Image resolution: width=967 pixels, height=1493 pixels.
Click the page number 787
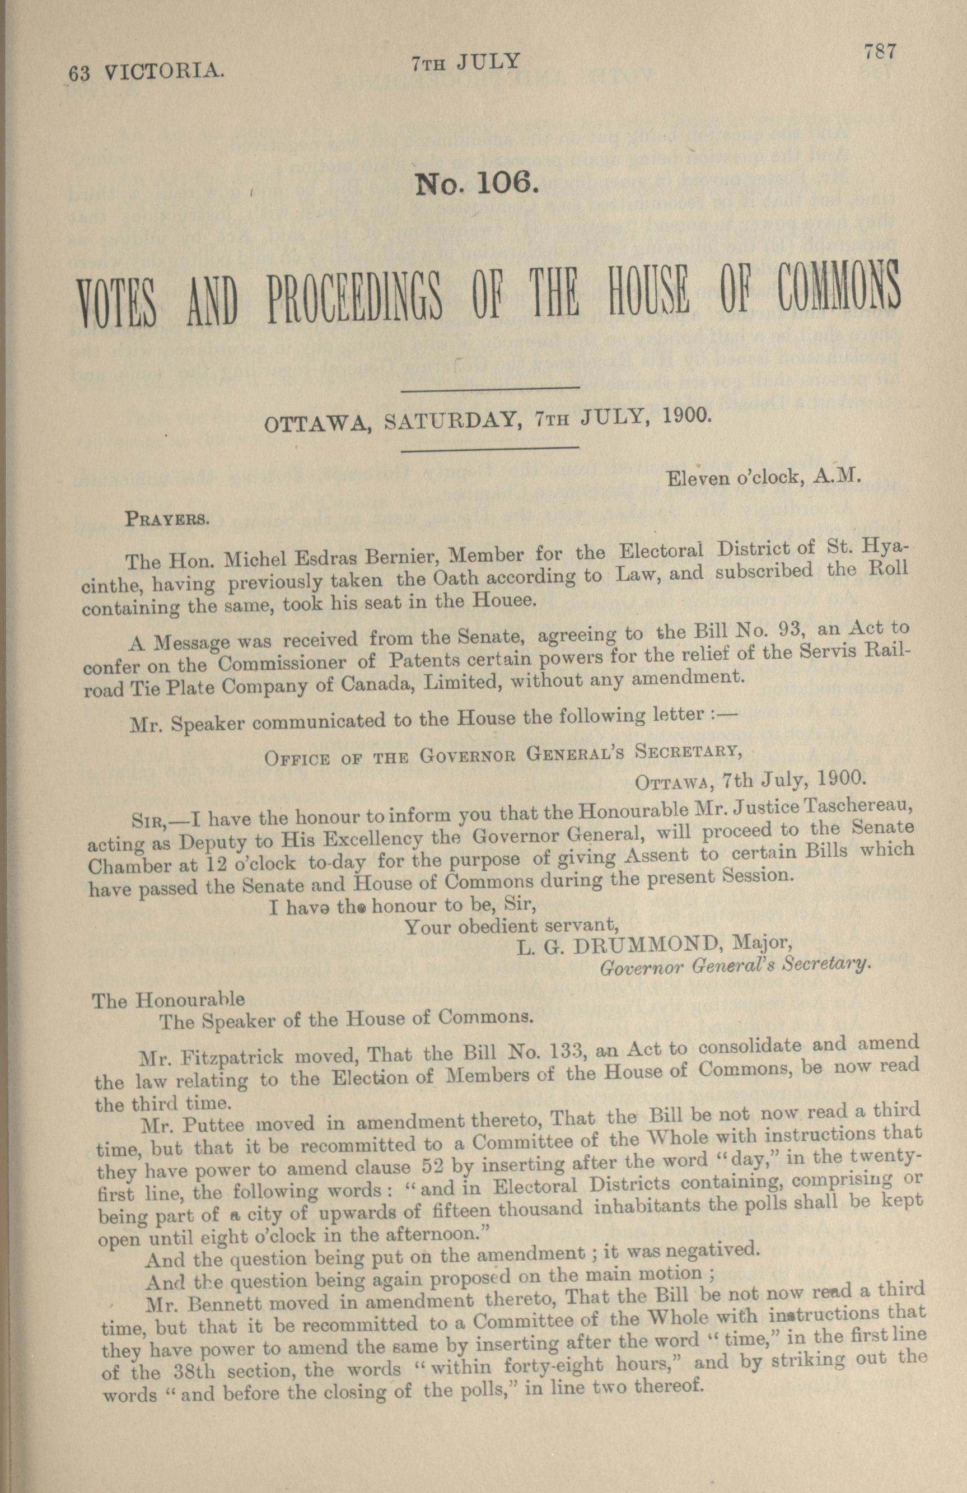pos(880,51)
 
